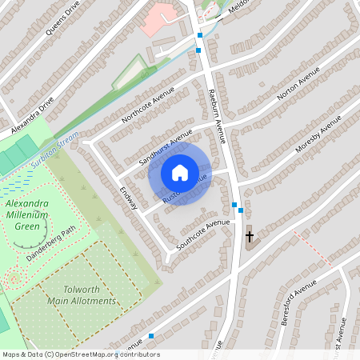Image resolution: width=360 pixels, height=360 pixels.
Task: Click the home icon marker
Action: (180, 173)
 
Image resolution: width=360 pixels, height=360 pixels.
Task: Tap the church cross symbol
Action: (249, 236)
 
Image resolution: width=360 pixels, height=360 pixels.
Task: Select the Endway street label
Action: (129, 199)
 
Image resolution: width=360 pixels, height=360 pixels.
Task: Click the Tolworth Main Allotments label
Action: (81, 295)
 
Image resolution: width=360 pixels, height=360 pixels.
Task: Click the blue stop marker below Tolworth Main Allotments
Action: (151, 336)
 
